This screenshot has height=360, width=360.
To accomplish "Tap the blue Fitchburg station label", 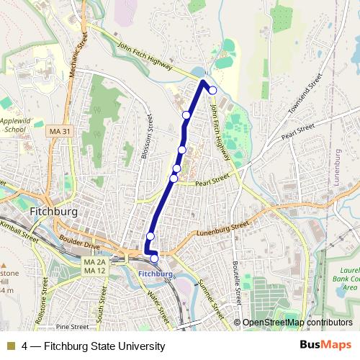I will click(155, 274).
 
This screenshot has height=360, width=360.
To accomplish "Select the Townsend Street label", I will click(302, 101).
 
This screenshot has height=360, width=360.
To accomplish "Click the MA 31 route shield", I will click(61, 131).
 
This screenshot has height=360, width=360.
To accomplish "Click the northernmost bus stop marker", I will click(212, 90).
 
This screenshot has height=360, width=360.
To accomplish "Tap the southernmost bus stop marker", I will click(154, 258).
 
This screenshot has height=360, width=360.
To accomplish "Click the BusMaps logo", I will click(325, 346).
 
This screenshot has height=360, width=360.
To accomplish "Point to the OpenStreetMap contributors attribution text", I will click(297, 323).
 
